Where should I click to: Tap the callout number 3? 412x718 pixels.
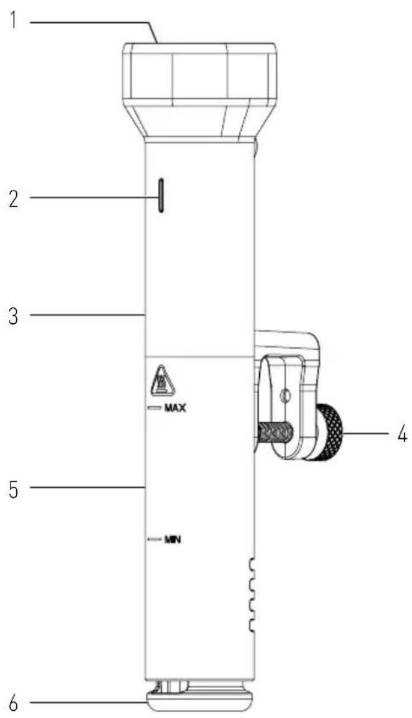click(x=14, y=316)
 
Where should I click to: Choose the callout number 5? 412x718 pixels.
click(x=14, y=488)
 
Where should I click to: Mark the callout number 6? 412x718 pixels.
click(x=14, y=702)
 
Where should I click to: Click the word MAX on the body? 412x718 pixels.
click(x=175, y=408)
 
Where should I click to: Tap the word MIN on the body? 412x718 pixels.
click(x=173, y=540)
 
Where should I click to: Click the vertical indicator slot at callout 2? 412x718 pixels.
click(x=161, y=196)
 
